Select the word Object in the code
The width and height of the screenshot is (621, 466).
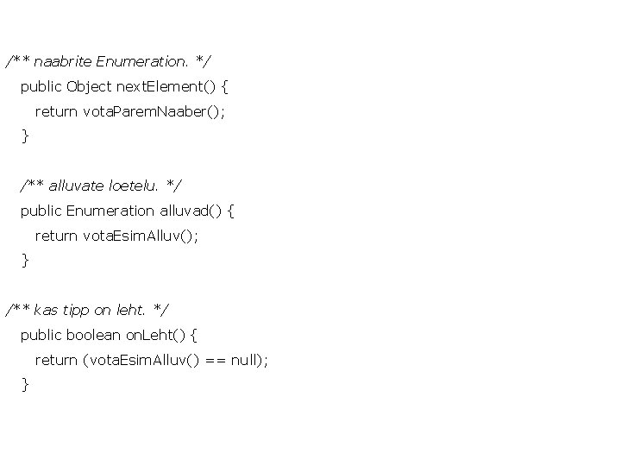(x=89, y=86)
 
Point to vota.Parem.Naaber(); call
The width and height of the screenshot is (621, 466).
(x=154, y=111)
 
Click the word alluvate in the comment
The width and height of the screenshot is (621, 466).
(x=77, y=186)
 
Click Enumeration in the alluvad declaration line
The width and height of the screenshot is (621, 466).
(x=110, y=211)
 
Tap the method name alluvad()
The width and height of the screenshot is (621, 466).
(x=191, y=211)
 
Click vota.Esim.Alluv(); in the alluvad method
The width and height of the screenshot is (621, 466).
(x=140, y=236)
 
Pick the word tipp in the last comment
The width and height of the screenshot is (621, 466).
(x=76, y=310)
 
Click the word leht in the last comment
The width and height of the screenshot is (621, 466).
(x=129, y=310)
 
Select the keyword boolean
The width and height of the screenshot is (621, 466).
(x=94, y=335)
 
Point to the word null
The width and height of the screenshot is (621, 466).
(x=246, y=360)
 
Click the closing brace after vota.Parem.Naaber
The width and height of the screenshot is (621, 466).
(x=25, y=135)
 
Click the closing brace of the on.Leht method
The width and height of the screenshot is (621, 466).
(x=25, y=384)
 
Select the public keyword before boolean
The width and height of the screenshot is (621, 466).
(x=41, y=335)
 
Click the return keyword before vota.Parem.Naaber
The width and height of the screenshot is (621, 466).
(x=56, y=111)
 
